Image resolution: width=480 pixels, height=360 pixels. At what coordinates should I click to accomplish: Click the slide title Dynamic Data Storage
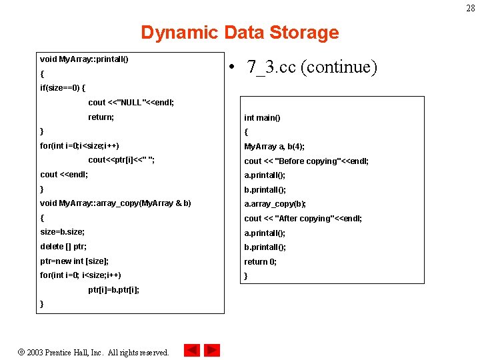pyautogui.click(x=239, y=33)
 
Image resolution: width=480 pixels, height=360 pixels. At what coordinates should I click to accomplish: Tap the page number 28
pyautogui.click(x=471, y=7)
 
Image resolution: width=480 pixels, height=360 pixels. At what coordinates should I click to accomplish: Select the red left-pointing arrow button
pyautogui.click(x=192, y=350)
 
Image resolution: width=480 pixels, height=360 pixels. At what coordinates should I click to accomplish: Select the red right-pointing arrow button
pyautogui.click(x=212, y=350)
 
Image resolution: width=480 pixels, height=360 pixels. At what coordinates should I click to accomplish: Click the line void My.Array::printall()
pyautogui.click(x=84, y=59)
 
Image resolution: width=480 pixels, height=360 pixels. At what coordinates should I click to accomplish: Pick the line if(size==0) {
pyautogui.click(x=63, y=88)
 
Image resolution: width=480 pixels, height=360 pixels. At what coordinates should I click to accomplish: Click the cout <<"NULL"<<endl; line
pyautogui.click(x=131, y=103)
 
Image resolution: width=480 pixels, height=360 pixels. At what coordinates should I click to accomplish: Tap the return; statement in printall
pyautogui.click(x=101, y=117)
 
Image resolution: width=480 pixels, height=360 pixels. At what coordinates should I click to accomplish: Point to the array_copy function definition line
pyautogui.click(x=115, y=203)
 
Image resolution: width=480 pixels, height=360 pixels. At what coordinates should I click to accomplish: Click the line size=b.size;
pyautogui.click(x=62, y=232)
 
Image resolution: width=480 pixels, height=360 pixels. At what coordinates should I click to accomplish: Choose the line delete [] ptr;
pyautogui.click(x=64, y=247)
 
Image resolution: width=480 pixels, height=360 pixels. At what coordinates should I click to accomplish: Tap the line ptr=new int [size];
pyautogui.click(x=75, y=261)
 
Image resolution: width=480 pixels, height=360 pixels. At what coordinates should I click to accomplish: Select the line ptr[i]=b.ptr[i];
pyautogui.click(x=114, y=290)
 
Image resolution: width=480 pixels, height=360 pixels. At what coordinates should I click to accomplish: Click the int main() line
pyautogui.click(x=262, y=118)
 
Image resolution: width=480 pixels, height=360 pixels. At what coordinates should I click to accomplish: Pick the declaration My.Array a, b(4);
pyautogui.click(x=274, y=147)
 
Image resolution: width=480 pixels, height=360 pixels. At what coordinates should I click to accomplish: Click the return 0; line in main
pyautogui.click(x=261, y=262)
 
